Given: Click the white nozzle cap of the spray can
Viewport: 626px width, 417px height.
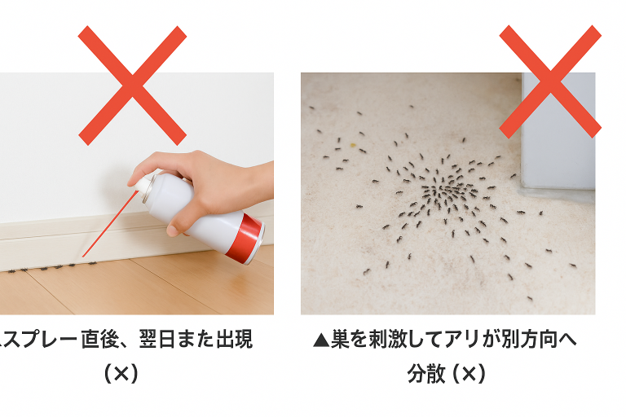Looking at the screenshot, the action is pyautogui.click(x=143, y=184).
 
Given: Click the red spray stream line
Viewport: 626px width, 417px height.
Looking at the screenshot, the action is pyautogui.click(x=110, y=224).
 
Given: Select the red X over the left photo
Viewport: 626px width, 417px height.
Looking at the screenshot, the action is pyautogui.click(x=132, y=86).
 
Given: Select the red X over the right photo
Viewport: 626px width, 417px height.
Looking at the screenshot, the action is pyautogui.click(x=550, y=81).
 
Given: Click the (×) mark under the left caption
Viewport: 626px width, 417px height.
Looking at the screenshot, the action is pyautogui.click(x=121, y=374).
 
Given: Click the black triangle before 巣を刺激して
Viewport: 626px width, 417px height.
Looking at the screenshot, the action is pyautogui.click(x=321, y=340).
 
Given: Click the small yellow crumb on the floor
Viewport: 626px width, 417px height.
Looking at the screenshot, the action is pyautogui.click(x=353, y=145).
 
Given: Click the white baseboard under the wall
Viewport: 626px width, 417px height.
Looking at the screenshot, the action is pyautogui.click(x=120, y=239).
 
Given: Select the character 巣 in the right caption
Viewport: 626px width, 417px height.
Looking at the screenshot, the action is pyautogui.click(x=340, y=340).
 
